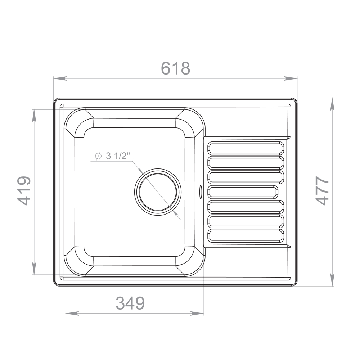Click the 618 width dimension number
(176, 68)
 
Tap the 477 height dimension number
(322, 190)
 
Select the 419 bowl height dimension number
(24, 190)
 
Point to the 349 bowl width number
(130, 303)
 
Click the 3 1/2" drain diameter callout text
(112, 156)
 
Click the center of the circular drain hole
(158, 192)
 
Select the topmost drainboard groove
(246, 148)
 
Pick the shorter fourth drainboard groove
(243, 192)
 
